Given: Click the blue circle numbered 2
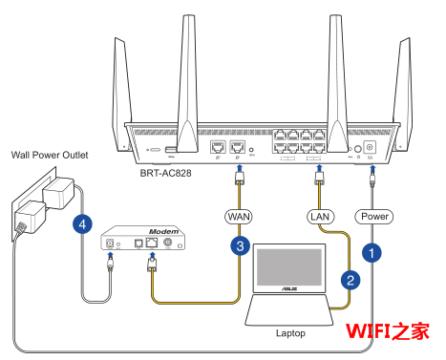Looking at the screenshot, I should tap(351, 281).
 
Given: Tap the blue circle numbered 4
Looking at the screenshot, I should tap(84, 224).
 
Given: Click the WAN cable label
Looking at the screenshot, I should tap(238, 216).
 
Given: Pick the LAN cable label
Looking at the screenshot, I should tap(319, 216).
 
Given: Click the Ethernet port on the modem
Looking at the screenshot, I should tap(153, 244).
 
